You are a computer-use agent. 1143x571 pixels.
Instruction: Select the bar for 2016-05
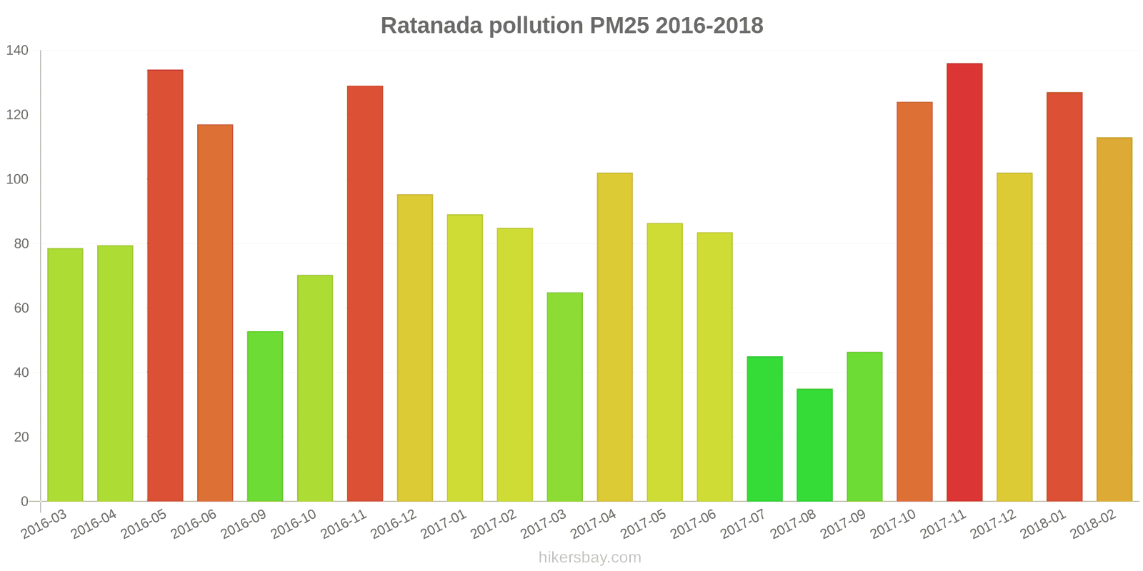tap(165, 285)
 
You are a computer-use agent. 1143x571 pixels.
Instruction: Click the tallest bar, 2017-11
tap(964, 282)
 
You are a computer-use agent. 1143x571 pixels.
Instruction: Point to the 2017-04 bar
tap(614, 337)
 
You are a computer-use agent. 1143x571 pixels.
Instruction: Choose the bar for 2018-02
tap(1114, 319)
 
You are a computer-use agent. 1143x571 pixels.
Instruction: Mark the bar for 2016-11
tap(365, 293)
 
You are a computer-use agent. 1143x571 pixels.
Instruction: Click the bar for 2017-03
tap(564, 397)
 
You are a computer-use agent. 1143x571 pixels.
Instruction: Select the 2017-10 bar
tap(914, 301)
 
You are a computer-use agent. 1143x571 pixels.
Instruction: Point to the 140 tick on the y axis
tap(17, 51)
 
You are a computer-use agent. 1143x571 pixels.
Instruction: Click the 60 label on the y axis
tap(21, 308)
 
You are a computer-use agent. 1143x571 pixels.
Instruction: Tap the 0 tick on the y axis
tap(25, 502)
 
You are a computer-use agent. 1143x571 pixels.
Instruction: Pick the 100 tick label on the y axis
tap(17, 179)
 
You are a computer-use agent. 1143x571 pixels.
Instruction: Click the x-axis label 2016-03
tap(44, 524)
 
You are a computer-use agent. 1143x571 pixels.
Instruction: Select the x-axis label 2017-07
tap(743, 525)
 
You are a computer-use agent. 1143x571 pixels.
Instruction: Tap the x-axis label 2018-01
tap(1043, 525)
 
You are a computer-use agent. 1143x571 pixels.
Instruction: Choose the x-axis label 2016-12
tap(394, 525)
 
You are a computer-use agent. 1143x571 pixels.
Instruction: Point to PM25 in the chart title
tap(619, 26)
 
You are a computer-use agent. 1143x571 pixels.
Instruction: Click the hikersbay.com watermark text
tap(590, 557)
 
